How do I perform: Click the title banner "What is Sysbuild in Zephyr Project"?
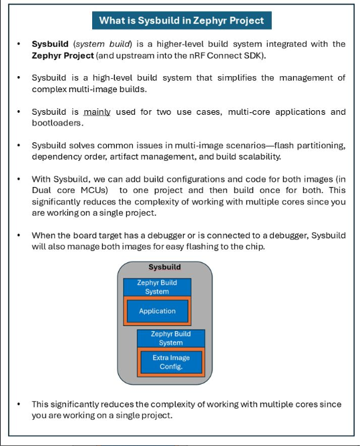click(x=181, y=20)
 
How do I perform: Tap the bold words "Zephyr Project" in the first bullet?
click(x=62, y=55)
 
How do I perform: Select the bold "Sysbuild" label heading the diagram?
click(x=164, y=267)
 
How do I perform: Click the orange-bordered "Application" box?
click(x=157, y=310)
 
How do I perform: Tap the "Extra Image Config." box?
click(x=171, y=362)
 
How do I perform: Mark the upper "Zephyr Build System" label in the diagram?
click(x=157, y=287)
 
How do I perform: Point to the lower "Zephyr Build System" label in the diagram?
click(x=171, y=338)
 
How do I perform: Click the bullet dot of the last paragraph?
click(x=19, y=405)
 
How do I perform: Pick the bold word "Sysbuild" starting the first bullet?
click(x=50, y=44)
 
